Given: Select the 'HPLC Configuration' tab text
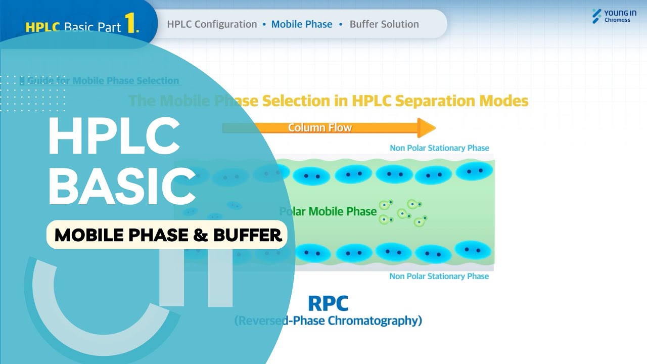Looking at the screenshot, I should click(212, 24).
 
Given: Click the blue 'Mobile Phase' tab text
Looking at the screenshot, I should click(302, 24).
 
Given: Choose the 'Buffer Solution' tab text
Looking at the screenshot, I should click(384, 24).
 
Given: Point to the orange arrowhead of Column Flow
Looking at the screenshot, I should click(427, 128).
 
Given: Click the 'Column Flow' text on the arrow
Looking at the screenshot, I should click(319, 128).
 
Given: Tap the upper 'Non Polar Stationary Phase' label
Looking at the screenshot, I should click(439, 148).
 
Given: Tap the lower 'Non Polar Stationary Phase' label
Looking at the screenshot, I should click(439, 277).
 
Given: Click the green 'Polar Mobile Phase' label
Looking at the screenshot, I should click(329, 211).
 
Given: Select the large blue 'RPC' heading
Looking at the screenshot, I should click(328, 303).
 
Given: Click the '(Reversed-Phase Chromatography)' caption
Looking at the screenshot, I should click(328, 321).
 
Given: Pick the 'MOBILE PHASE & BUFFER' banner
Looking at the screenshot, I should click(167, 235).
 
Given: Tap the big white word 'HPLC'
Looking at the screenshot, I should click(114, 138).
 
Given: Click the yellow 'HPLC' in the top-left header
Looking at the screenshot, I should click(43, 27).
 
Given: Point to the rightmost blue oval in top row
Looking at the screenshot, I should click(474, 171).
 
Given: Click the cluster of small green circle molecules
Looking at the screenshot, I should click(403, 212).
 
